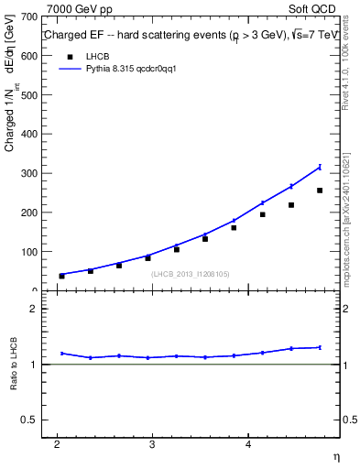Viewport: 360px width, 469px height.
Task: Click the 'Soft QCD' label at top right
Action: (311, 8)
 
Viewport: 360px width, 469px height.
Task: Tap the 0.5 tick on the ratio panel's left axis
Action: (27, 420)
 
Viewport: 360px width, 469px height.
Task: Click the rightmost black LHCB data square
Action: (320, 191)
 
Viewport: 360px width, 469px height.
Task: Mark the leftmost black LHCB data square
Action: (61, 276)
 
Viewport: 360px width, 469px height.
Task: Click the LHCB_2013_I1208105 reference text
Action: (191, 274)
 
